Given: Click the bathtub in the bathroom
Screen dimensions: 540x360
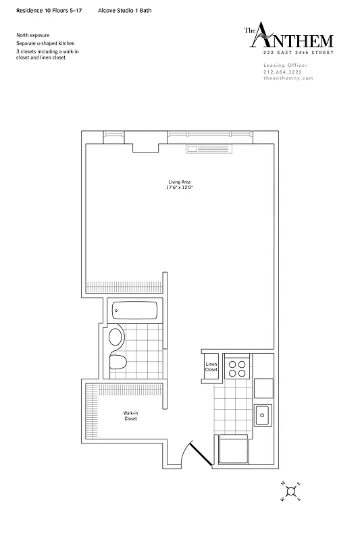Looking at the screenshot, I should [134, 312].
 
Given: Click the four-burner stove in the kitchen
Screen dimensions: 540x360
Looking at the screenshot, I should [236, 367].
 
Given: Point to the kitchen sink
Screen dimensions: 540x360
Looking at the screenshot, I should [262, 413].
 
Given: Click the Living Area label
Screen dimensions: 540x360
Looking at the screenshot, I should [179, 182].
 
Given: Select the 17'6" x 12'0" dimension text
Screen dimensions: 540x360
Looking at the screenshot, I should [179, 188].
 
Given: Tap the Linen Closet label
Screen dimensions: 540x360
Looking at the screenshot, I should [211, 367].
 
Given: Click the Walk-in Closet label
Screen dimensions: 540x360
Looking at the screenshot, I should [130, 416].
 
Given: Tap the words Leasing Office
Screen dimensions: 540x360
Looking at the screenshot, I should [284, 65].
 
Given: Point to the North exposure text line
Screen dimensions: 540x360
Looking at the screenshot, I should [32, 35].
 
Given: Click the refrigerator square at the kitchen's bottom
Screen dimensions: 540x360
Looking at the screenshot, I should [233, 448].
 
